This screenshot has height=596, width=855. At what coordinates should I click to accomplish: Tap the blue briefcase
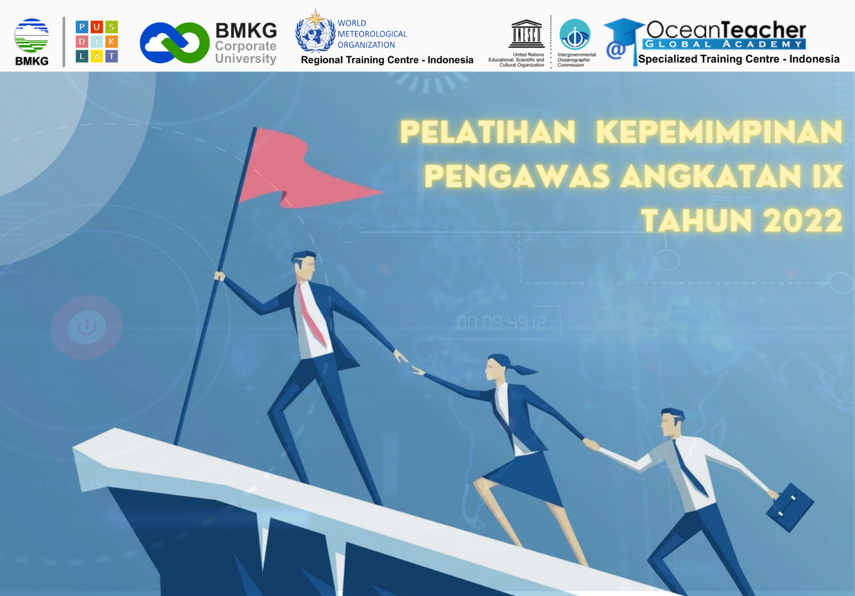click(x=790, y=507)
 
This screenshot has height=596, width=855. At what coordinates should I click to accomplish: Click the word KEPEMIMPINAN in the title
click(x=719, y=133)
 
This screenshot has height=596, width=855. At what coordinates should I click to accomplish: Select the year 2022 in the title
click(x=802, y=220)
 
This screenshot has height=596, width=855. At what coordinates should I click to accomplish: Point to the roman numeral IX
click(x=827, y=177)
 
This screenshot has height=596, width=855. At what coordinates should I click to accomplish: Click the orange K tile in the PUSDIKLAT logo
click(x=111, y=42)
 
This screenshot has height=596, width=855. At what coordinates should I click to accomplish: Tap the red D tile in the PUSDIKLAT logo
click(x=82, y=42)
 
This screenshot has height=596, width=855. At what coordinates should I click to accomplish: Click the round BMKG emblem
click(x=32, y=36)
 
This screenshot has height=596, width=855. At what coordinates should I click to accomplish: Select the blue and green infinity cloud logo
click(x=175, y=43)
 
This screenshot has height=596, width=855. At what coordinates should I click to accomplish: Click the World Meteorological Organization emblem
click(x=315, y=32)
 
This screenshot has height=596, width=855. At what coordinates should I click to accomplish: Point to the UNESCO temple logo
click(x=526, y=34)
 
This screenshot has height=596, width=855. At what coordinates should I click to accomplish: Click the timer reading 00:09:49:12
click(x=501, y=322)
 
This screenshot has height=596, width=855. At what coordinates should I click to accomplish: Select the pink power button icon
click(x=86, y=327)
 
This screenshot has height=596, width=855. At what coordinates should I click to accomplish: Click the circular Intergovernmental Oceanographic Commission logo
click(x=575, y=34)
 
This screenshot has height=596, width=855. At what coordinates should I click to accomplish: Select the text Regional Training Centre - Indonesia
click(x=387, y=60)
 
